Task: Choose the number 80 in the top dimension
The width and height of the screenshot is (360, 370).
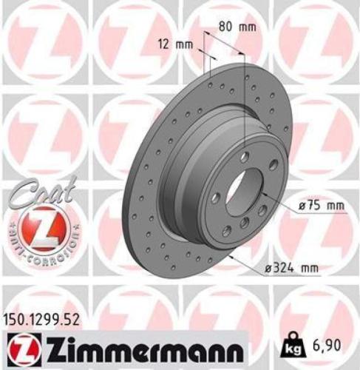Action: click(x=228, y=27)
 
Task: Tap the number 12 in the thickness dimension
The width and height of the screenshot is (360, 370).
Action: click(x=166, y=44)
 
